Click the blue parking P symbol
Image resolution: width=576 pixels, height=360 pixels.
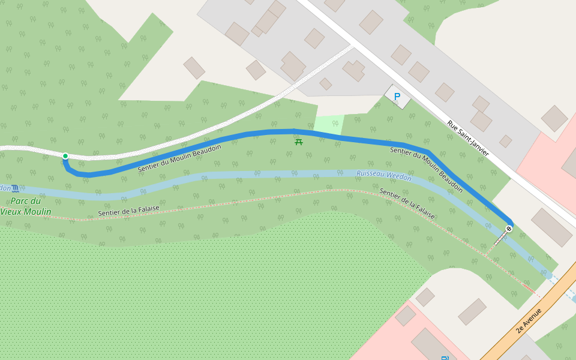[397, 96]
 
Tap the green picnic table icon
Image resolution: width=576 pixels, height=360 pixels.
[298, 141]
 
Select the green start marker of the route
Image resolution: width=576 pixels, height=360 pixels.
[65, 156]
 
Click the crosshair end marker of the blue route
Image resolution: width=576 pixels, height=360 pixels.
[509, 229]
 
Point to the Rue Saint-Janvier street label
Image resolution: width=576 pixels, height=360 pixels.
[468, 139]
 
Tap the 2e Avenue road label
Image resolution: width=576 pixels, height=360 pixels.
[529, 320]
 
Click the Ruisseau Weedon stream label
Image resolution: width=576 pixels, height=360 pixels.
[384, 175]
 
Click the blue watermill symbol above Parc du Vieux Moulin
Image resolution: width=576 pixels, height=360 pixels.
[14, 188]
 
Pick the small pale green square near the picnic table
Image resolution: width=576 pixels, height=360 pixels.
[329, 124]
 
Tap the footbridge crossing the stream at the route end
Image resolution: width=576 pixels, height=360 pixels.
[500, 238]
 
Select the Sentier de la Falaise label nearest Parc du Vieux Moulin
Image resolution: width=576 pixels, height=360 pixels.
[129, 211]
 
